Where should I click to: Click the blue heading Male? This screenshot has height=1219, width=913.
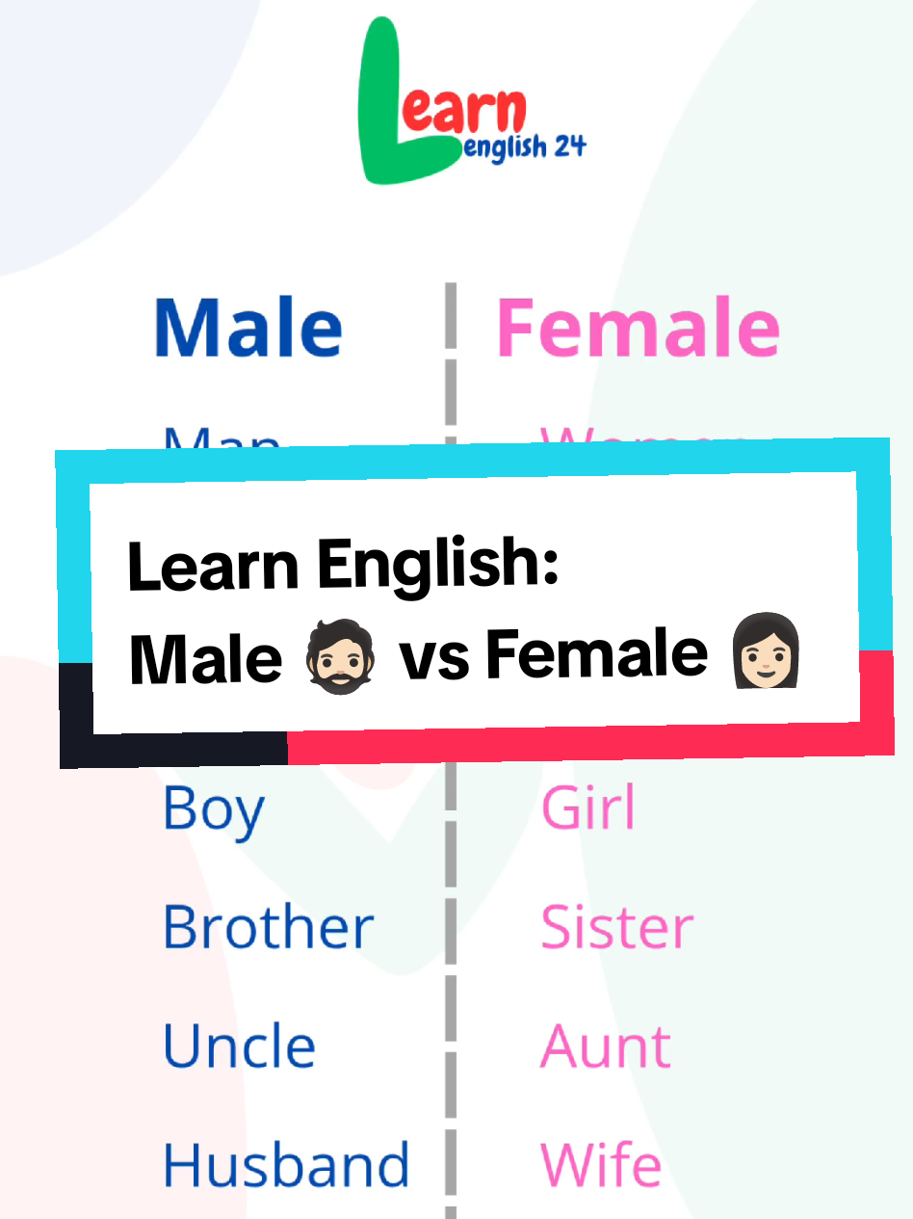[x=248, y=328]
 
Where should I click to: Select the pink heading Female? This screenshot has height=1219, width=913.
[x=638, y=328]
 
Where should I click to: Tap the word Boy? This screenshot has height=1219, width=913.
[x=213, y=809]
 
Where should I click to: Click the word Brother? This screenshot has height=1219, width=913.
[x=268, y=927]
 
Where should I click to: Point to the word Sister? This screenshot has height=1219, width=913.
[x=616, y=927]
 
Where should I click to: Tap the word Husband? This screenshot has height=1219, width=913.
[x=286, y=1164]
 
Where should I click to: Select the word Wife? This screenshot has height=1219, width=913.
[x=601, y=1164]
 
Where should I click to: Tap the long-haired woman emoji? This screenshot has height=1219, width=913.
[x=767, y=654]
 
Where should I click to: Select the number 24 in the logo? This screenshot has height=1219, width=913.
[x=566, y=146]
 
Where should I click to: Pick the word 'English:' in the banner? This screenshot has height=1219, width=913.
[x=439, y=568]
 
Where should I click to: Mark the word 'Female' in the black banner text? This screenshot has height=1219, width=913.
[x=596, y=656]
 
